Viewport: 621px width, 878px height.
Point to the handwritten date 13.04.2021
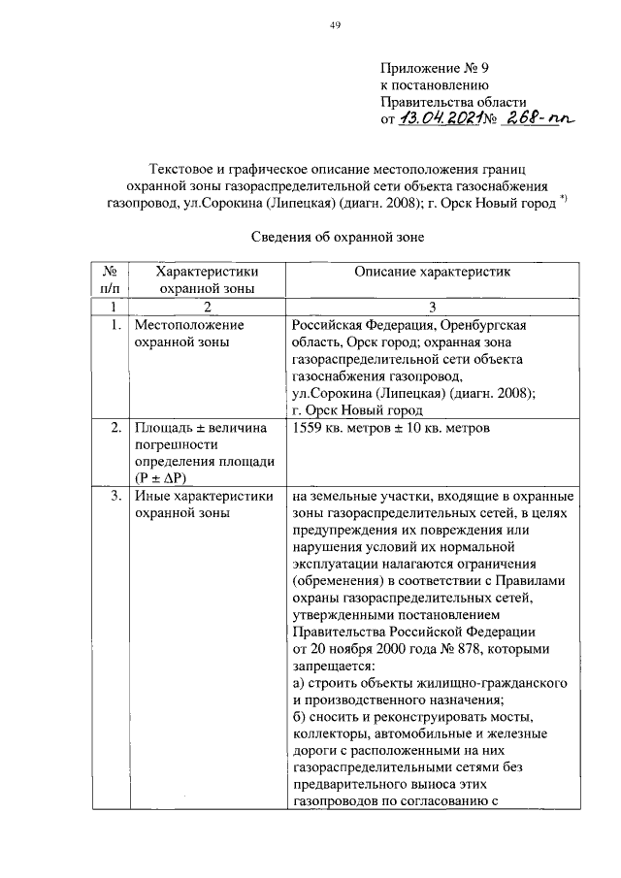point(439,120)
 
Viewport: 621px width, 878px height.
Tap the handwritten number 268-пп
point(537,119)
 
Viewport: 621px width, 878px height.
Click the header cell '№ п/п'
point(110,280)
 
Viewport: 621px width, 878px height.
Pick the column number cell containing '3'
point(432,307)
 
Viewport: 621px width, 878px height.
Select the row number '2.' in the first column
point(115,428)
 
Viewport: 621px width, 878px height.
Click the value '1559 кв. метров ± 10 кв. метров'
point(391,428)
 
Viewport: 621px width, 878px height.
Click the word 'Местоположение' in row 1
point(189,324)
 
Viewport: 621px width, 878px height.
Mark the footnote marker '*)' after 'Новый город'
point(564,201)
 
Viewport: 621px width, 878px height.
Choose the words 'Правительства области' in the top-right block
point(452,102)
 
